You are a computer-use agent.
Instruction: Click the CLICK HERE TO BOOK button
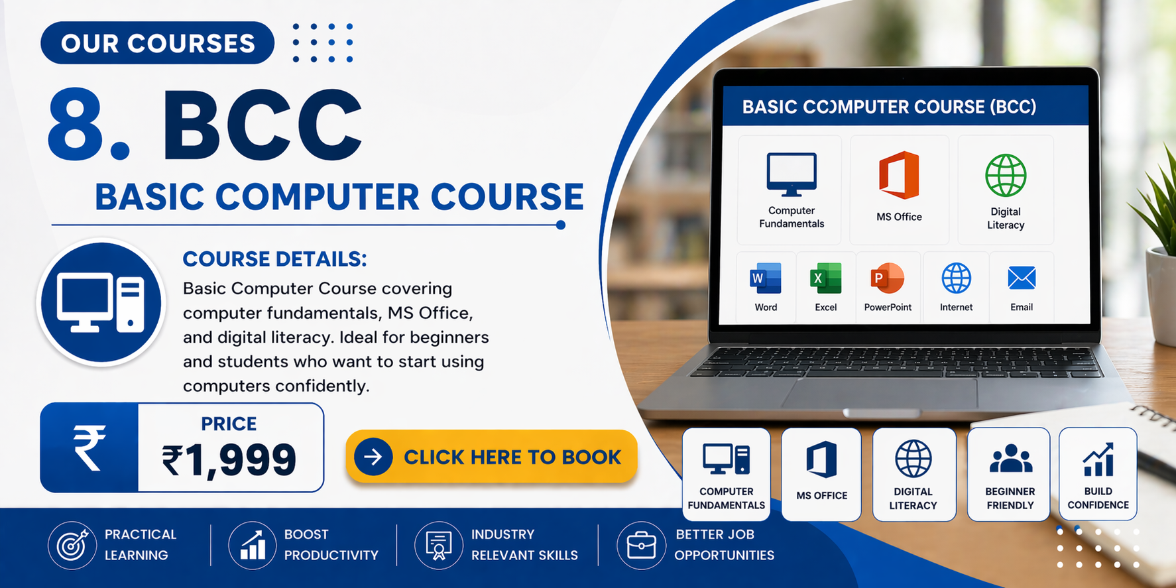(x=491, y=457)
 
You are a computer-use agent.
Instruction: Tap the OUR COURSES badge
(x=157, y=43)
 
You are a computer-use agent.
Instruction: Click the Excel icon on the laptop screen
(x=825, y=278)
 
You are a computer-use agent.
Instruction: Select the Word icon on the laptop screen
(x=766, y=278)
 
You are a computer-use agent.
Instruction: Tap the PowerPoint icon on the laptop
(x=888, y=278)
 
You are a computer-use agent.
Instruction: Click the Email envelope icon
(x=1022, y=278)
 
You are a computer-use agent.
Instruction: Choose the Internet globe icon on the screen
(x=956, y=278)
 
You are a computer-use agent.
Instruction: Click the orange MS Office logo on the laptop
(x=899, y=175)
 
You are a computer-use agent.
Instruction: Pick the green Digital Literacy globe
(x=1006, y=176)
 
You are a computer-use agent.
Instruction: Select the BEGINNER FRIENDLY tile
(x=1009, y=474)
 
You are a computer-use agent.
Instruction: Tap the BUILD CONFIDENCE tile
(x=1098, y=473)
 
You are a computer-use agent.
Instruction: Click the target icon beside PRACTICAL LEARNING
(x=72, y=545)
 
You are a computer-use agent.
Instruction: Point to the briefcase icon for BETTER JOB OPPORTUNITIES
(x=641, y=545)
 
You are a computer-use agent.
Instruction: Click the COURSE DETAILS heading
(x=274, y=259)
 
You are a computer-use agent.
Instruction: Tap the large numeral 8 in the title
(x=77, y=124)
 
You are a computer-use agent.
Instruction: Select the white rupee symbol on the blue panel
(x=89, y=447)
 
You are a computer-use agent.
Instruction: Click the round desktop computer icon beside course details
(x=101, y=302)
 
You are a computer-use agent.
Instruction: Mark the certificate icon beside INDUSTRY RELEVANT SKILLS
(x=438, y=545)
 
